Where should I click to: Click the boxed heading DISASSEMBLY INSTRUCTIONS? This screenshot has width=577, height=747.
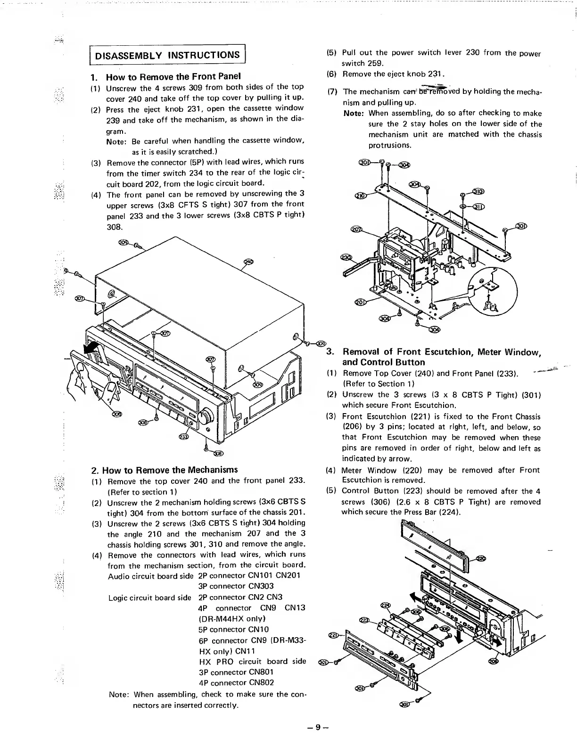click(167, 55)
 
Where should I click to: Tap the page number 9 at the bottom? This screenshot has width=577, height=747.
click(317, 727)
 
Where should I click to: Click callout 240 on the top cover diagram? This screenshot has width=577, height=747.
click(248, 262)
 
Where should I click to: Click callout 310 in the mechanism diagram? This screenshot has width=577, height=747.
click(479, 191)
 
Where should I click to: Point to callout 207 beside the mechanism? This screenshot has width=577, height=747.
click(356, 229)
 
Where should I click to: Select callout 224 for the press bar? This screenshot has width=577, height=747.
click(385, 605)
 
